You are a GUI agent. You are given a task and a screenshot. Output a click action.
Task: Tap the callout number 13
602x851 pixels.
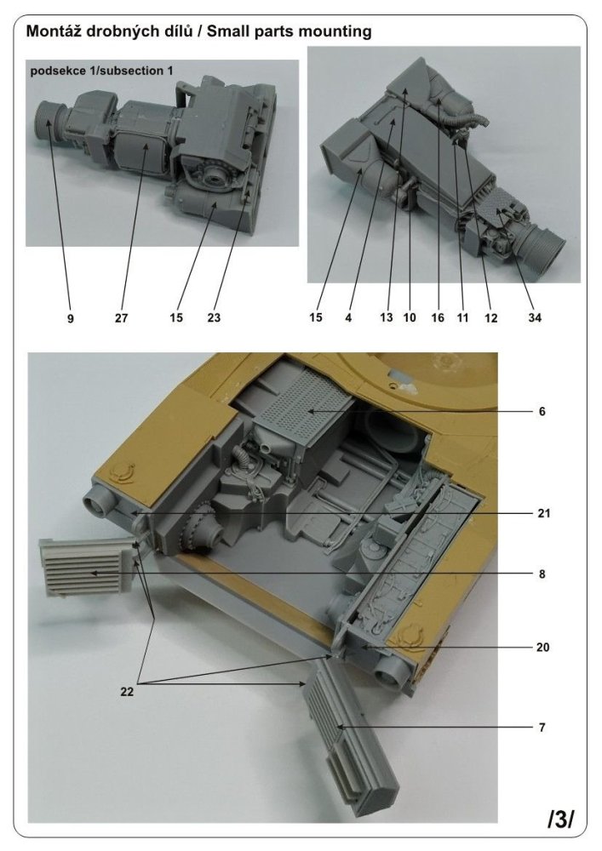(x=386, y=318)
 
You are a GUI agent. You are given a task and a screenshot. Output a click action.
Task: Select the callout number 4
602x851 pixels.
(x=348, y=318)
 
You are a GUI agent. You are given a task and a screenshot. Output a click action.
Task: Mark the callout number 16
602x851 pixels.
(x=438, y=318)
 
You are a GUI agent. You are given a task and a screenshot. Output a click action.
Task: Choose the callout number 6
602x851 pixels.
(x=542, y=411)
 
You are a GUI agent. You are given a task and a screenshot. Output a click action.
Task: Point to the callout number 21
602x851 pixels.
(x=543, y=514)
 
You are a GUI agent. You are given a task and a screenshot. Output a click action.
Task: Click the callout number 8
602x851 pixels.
(x=542, y=574)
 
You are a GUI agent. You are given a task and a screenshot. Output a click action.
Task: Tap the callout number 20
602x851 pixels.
(x=543, y=647)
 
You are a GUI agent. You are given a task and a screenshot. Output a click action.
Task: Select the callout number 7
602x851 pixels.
(x=542, y=728)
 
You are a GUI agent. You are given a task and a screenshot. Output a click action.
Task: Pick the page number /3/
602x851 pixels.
(x=561, y=820)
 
